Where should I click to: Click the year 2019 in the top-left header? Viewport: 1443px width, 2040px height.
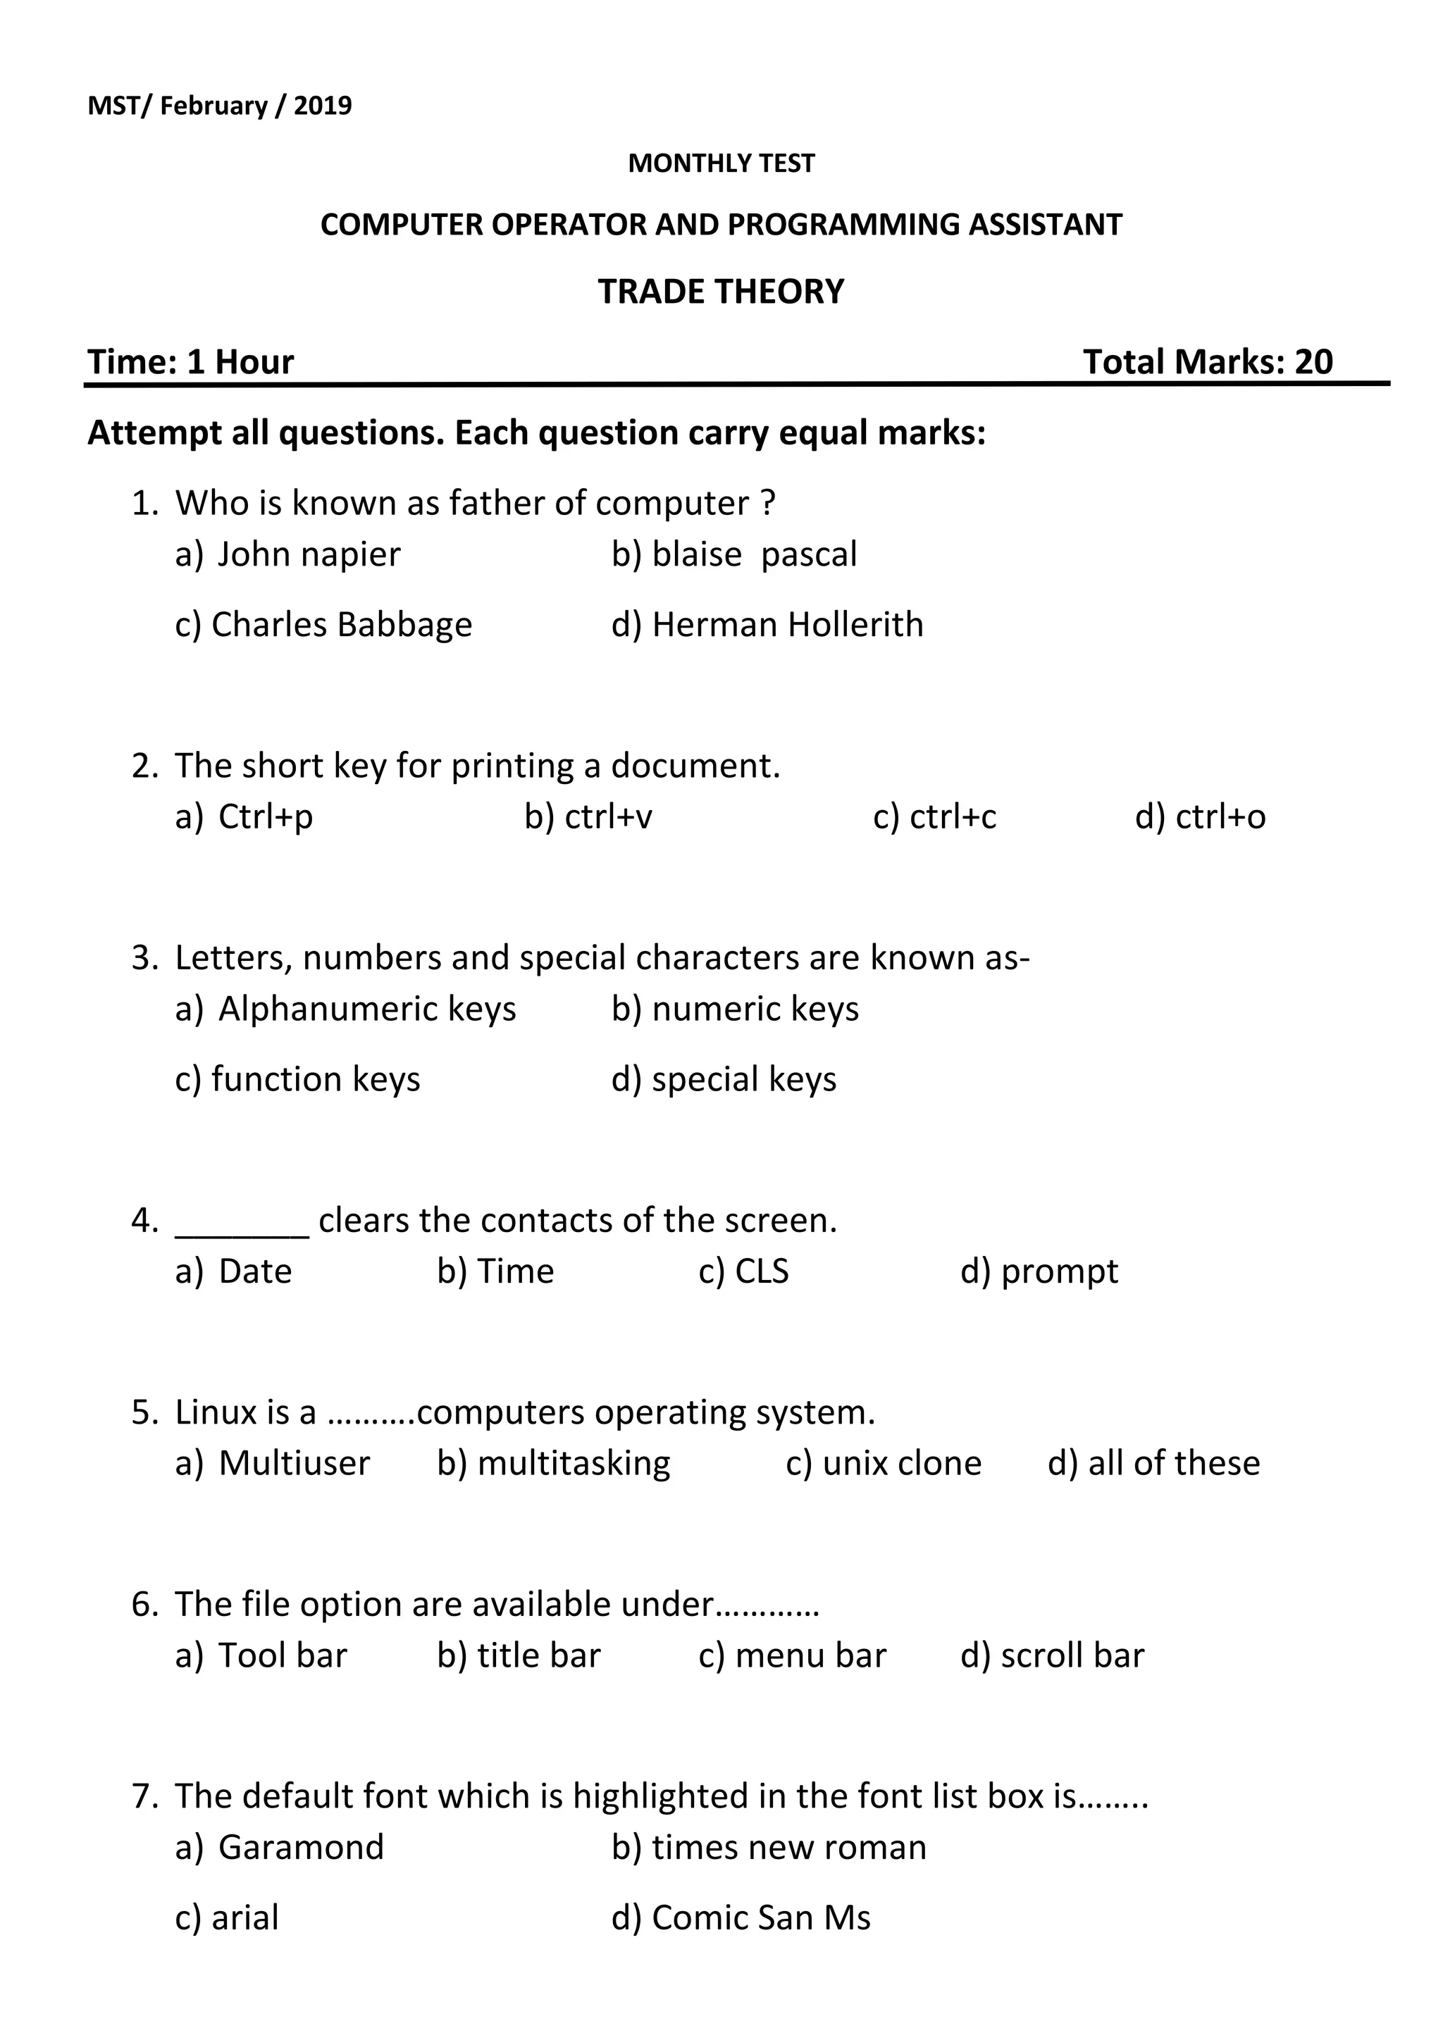coord(323,106)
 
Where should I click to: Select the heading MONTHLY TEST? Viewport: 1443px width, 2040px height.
coord(721,163)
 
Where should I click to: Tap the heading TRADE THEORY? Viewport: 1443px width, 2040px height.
coord(721,292)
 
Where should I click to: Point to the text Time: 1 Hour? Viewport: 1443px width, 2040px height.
coord(190,361)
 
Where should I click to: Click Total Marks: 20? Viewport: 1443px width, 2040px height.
coord(1208,361)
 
